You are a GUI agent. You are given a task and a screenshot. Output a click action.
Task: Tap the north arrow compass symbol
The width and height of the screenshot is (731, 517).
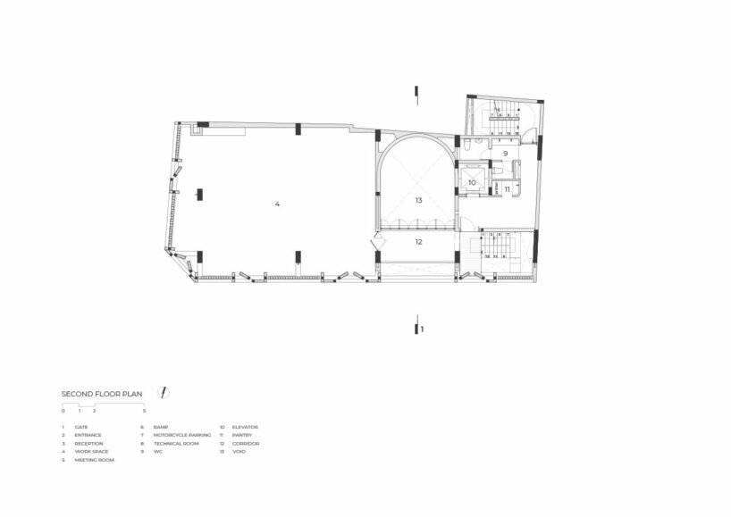(x=164, y=393)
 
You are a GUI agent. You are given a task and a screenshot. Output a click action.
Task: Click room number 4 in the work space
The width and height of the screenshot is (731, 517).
(x=277, y=204)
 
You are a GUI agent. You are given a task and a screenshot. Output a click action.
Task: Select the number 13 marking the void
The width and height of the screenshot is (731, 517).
(x=417, y=201)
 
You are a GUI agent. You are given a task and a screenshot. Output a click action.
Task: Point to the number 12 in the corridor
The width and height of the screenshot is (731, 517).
(x=417, y=241)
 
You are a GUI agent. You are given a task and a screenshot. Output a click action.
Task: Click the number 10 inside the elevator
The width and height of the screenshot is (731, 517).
(x=472, y=182)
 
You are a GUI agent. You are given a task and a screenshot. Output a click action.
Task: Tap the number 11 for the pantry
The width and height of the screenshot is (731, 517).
(x=507, y=188)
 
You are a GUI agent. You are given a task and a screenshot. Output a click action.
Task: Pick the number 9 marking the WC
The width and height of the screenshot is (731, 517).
(x=505, y=154)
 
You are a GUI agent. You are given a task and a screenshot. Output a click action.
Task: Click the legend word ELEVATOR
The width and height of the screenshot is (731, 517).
(x=245, y=428)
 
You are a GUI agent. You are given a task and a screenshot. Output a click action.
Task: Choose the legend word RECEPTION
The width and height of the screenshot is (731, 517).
(x=88, y=444)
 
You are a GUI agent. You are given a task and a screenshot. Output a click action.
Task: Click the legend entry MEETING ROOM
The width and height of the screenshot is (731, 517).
(x=94, y=460)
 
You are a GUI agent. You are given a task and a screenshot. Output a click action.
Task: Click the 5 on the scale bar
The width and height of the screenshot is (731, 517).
(x=144, y=411)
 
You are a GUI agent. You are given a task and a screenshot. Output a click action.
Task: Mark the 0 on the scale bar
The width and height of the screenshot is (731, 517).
(x=63, y=411)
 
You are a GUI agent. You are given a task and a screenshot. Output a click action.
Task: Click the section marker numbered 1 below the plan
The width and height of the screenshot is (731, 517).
(x=423, y=329)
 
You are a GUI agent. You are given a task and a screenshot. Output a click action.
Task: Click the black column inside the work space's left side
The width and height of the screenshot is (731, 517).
(x=199, y=193)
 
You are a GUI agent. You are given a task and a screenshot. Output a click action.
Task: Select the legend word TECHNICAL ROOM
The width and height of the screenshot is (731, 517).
(x=175, y=444)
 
